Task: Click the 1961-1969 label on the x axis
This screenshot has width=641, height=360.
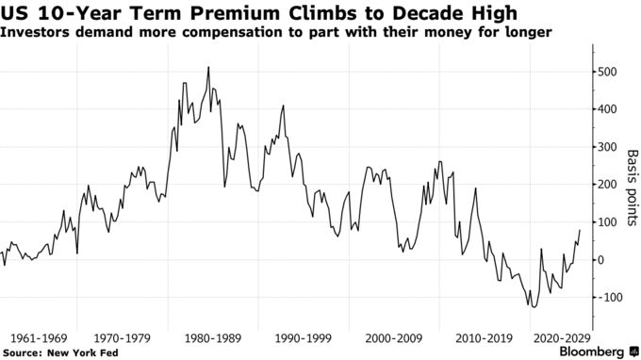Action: [39, 336]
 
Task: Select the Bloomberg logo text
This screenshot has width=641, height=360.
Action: [584, 351]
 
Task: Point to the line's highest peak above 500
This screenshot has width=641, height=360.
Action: [208, 67]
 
